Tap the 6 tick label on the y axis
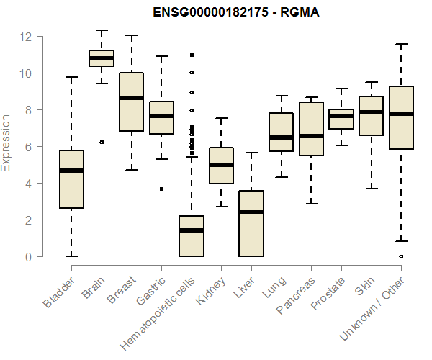[x=29, y=147]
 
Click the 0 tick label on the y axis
[x=29, y=257]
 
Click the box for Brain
[x=102, y=58]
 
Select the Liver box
[x=251, y=223]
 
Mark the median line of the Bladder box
[x=71, y=171]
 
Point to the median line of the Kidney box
[x=221, y=165]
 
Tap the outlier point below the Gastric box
[x=161, y=189]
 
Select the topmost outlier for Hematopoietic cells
[x=191, y=55]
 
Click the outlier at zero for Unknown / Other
[x=401, y=256]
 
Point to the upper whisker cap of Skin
[x=371, y=82]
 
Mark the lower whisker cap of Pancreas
[x=311, y=204]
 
